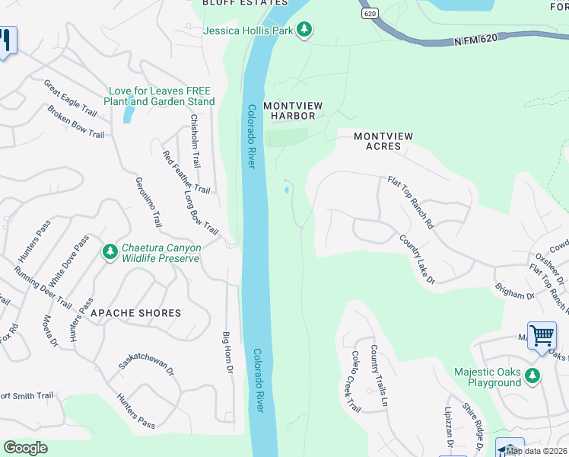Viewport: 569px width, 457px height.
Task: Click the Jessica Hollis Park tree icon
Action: [x=304, y=30]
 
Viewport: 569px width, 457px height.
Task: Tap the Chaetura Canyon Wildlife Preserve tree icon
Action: [x=110, y=251]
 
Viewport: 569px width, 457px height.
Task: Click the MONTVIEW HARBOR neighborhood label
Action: [x=289, y=110]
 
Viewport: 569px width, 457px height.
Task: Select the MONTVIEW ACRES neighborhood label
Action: [x=383, y=141]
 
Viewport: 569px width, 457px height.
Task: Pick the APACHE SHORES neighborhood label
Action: [x=135, y=313]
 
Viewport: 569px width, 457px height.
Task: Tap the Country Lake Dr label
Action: [x=417, y=260]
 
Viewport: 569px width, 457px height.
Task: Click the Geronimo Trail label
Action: [x=149, y=203]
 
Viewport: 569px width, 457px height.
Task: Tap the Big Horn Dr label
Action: [x=226, y=352]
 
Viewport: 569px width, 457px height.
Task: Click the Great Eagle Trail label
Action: [x=70, y=98]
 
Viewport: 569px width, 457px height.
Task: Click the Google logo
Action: [x=25, y=448]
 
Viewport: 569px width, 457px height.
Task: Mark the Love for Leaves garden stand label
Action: [x=161, y=96]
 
